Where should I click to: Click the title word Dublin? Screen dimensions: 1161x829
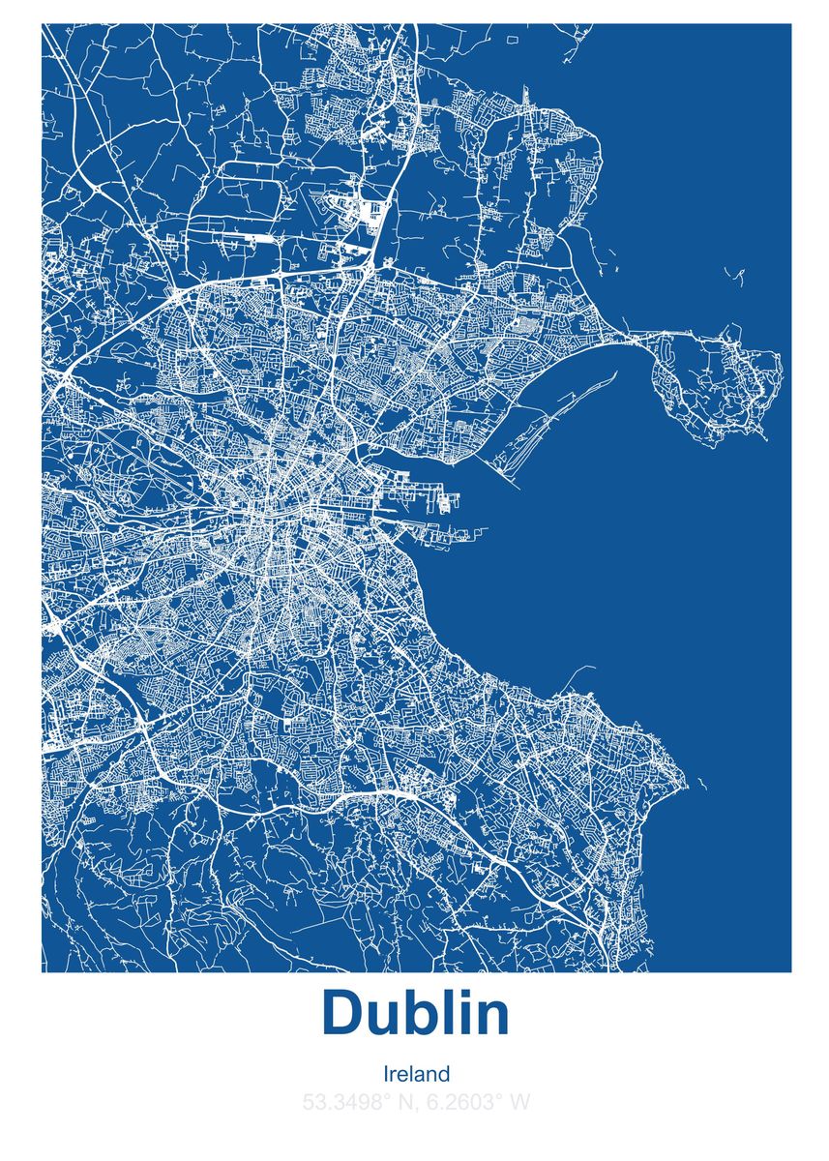pos(415,1013)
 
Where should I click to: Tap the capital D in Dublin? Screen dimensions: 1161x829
pos(342,1013)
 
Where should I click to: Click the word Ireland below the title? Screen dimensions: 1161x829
pos(416,1074)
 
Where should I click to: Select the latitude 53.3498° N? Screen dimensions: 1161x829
pos(356,1101)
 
